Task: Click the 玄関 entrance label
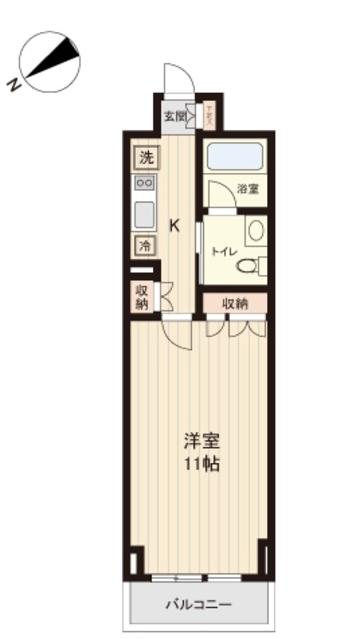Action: coord(175,117)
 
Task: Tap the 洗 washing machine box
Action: coord(146,157)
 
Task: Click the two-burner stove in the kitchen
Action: coord(145,184)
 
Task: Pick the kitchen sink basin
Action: coord(145,213)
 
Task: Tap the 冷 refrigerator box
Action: coord(146,245)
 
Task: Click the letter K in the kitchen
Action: coord(174,225)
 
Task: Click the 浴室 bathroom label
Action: coord(248,188)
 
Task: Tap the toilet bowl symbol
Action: coord(261,265)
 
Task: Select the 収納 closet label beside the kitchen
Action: coord(144,297)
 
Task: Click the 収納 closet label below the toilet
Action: coord(235,303)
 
